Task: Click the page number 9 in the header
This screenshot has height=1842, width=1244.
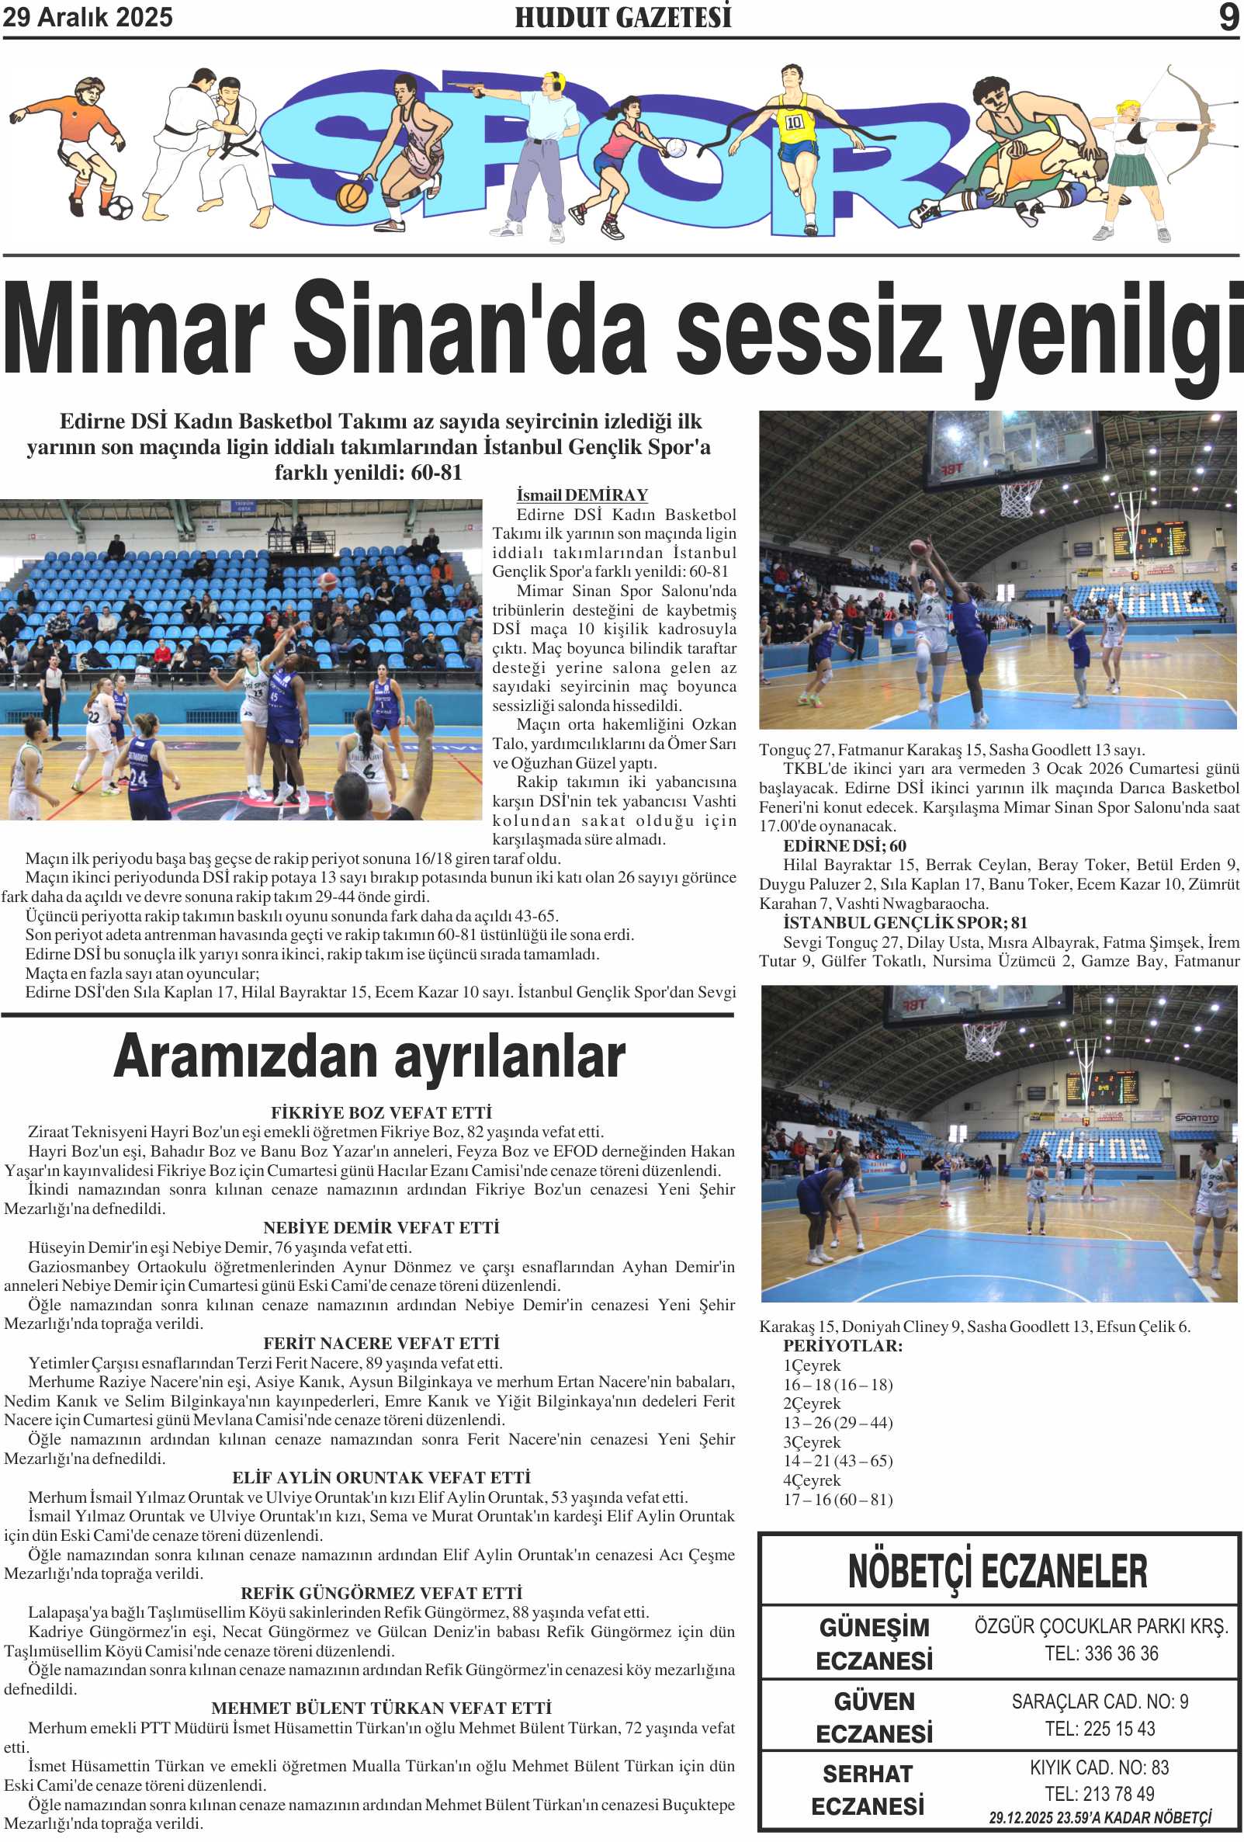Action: pos(1228,17)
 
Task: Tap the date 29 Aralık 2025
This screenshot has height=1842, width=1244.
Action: pos(87,17)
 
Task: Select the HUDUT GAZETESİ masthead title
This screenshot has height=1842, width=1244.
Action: pos(623,17)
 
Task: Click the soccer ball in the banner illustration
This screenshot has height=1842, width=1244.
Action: pos(120,208)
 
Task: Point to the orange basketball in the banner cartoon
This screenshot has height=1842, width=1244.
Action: pos(352,196)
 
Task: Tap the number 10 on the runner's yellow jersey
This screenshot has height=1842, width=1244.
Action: pos(794,122)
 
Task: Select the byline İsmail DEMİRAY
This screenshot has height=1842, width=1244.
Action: pos(581,495)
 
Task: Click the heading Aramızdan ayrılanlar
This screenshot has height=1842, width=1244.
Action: pos(369,1058)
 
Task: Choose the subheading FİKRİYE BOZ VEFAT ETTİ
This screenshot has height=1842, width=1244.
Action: pos(381,1113)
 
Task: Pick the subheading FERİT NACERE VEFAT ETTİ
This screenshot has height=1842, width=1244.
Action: pos(381,1344)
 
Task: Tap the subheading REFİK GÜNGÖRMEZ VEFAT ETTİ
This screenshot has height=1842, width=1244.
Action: pos(381,1593)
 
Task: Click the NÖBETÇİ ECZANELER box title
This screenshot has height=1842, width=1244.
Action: pos(997,1571)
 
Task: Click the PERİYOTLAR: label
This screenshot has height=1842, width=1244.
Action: pos(842,1346)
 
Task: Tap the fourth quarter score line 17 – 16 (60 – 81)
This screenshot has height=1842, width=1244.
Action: pos(837,1500)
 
